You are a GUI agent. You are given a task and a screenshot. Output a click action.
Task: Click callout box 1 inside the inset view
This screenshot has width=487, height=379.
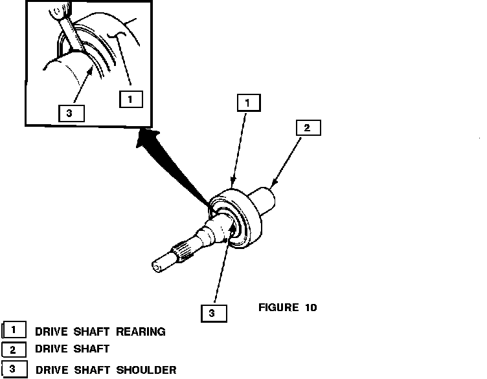click(x=131, y=100)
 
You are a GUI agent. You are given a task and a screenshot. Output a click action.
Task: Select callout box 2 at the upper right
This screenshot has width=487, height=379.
click(x=307, y=128)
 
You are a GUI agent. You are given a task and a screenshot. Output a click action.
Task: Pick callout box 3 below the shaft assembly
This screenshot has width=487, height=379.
click(x=212, y=313)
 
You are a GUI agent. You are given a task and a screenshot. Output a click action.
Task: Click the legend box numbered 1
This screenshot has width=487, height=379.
click(x=15, y=330)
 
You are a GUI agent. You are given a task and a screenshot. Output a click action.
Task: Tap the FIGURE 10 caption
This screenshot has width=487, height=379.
click(x=288, y=307)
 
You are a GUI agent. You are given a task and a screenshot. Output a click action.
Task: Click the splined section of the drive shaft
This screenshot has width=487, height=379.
click(x=181, y=250)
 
